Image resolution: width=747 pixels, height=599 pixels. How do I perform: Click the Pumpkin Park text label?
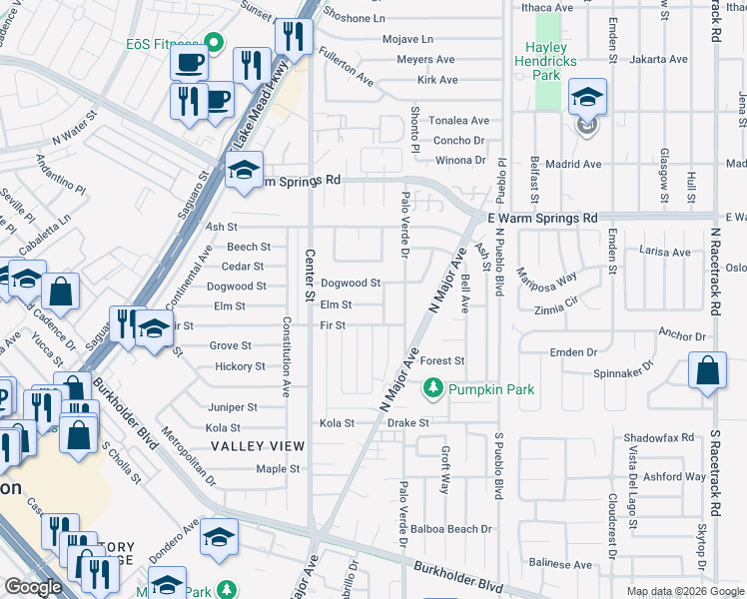coord(491,389)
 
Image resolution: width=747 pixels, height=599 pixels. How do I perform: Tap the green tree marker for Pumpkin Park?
coord(433,388)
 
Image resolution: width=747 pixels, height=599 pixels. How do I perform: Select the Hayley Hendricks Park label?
coord(545,54)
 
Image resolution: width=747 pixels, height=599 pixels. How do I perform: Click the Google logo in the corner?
coord(33,587)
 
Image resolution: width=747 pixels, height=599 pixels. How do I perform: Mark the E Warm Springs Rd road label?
coord(542,218)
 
